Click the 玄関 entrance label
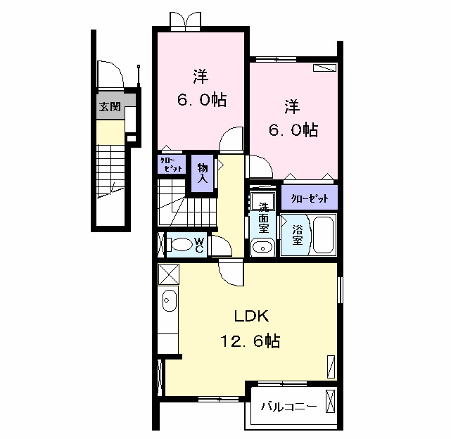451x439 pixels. coord(109,107)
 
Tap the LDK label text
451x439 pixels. coord(252,315)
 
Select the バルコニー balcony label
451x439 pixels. coord(288,407)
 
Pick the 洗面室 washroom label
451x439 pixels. coord(263,218)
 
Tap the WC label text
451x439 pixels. coord(199,244)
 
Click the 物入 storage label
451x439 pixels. coord(202,173)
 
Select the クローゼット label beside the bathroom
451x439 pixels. coord(310,198)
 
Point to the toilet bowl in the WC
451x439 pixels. coord(181,245)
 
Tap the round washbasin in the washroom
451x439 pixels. coord(262,247)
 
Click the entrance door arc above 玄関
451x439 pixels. coord(110,74)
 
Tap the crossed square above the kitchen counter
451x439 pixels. coord(169,273)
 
